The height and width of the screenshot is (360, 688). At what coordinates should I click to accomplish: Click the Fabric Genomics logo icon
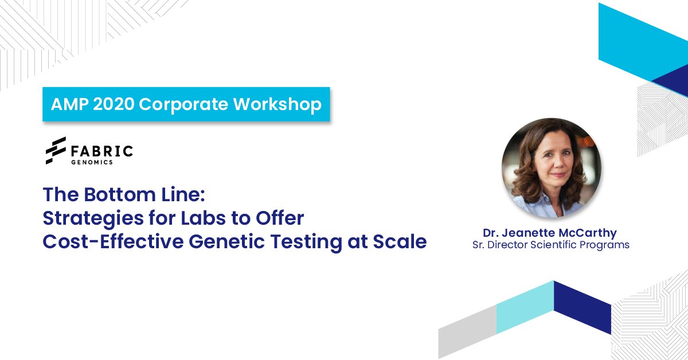tap(56, 151)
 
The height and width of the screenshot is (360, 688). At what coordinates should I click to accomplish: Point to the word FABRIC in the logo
tap(102, 151)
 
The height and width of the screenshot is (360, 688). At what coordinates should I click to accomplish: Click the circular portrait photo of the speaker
tap(552, 168)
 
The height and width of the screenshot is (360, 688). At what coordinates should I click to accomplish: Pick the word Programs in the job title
tap(608, 245)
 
